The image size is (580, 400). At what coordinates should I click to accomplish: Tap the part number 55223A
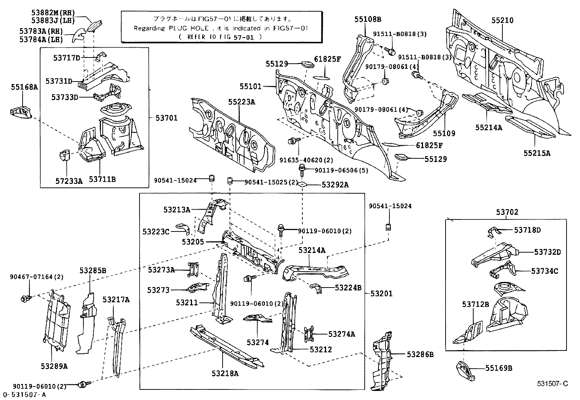pyautogui.click(x=242, y=102)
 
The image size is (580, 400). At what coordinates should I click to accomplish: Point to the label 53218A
pyautogui.click(x=225, y=373)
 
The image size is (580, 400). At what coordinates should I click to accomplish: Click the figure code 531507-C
pyautogui.click(x=552, y=384)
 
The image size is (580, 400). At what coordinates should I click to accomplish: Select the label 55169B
pyautogui.click(x=498, y=368)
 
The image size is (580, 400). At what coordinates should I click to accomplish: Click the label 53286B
pyautogui.click(x=420, y=354)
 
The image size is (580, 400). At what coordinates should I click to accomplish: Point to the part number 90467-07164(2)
pyautogui.click(x=36, y=277)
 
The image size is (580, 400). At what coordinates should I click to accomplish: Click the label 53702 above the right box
pyautogui.click(x=507, y=212)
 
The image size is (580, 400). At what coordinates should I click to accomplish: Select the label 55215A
pyautogui.click(x=537, y=153)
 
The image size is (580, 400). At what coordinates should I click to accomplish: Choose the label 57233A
pyautogui.click(x=70, y=181)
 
